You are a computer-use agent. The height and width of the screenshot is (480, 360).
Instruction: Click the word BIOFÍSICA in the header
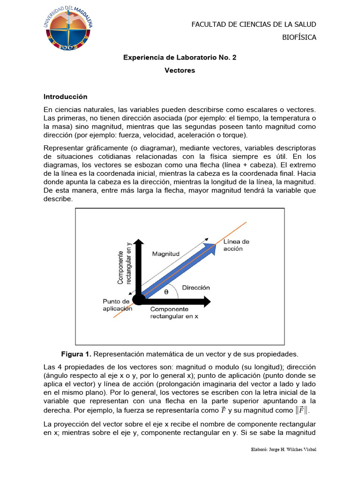(x=299, y=37)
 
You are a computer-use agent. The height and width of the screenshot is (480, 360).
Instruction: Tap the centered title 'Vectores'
(x=180, y=71)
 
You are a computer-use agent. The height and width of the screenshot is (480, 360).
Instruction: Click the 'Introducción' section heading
(x=66, y=97)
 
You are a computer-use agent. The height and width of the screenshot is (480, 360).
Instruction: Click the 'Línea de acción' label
(x=236, y=245)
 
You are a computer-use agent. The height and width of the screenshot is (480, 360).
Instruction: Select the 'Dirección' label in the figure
(x=195, y=287)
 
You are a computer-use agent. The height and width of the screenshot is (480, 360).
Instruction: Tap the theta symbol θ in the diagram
(x=166, y=292)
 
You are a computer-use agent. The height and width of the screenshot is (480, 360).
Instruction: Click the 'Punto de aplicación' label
(x=117, y=305)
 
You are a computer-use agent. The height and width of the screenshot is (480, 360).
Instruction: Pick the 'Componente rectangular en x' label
(x=174, y=313)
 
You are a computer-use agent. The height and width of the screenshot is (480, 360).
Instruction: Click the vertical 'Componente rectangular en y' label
(x=123, y=265)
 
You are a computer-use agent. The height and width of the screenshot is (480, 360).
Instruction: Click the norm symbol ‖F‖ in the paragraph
(x=303, y=411)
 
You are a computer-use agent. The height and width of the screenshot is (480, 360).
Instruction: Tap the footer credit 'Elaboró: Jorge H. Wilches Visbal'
(x=283, y=450)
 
